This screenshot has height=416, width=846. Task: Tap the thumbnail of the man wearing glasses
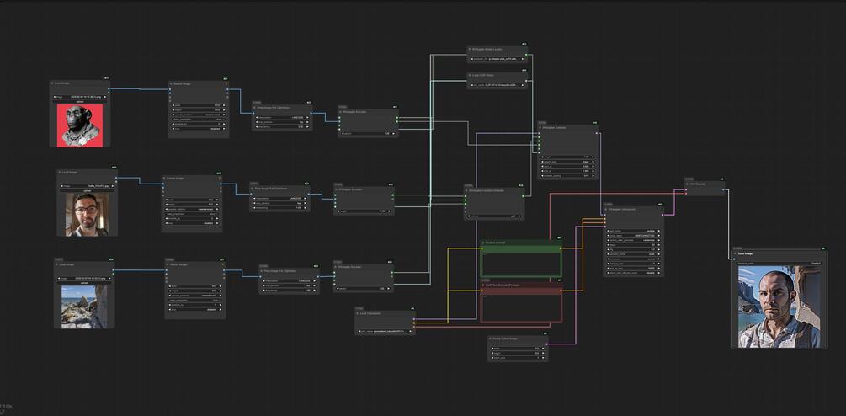(x=87, y=214)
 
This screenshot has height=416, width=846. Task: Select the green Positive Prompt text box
(x=520, y=263)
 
